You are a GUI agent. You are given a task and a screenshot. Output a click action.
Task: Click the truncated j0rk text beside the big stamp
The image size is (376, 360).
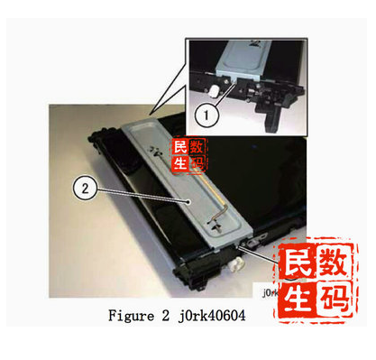271,293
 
